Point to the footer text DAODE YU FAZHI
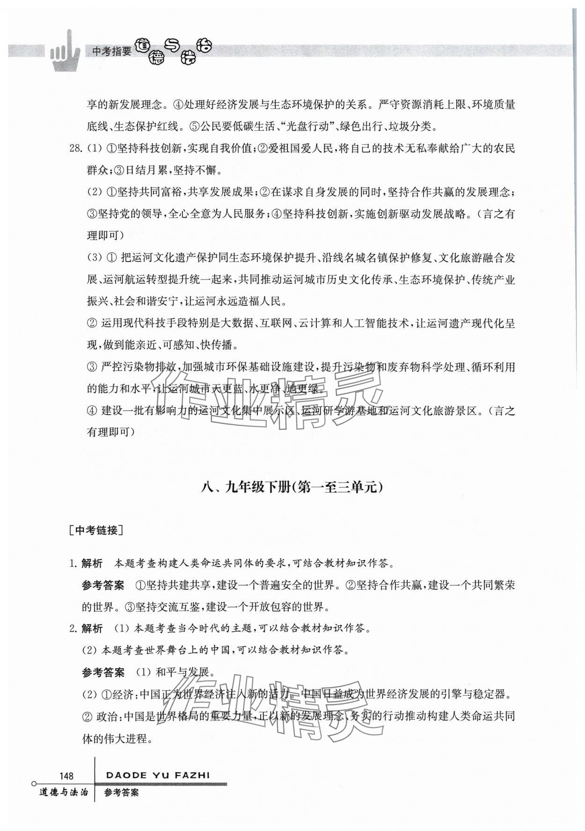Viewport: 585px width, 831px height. [158, 775]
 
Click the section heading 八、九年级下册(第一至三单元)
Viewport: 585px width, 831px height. [292, 488]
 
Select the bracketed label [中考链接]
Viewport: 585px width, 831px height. [95, 530]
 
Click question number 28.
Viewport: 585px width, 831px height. [76, 148]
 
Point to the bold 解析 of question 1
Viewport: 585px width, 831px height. [92, 563]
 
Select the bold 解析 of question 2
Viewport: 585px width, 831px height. [92, 629]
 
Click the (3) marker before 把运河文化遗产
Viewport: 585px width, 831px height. [94, 258]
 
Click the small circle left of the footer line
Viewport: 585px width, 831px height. [34, 783]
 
